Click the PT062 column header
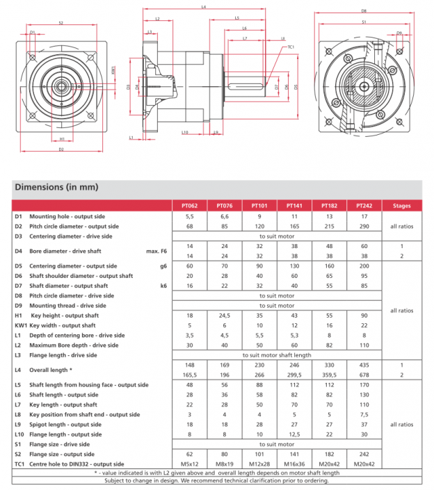pos(189,206)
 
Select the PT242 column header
pos(364,206)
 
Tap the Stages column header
pos(401,206)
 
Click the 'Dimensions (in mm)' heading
pos(57,187)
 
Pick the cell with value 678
pos(364,373)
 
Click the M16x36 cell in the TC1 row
pos(294,464)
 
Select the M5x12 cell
pos(189,464)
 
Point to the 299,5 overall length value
pos(294,373)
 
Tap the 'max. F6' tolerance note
pos(157,250)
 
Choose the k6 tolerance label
pos(163,286)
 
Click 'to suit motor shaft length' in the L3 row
pos(276,354)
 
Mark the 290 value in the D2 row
pos(364,226)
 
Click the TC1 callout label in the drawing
pos(291,47)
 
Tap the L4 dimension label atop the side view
pos(202,7)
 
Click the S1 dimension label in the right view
pos(364,22)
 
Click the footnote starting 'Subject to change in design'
pos(216,480)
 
